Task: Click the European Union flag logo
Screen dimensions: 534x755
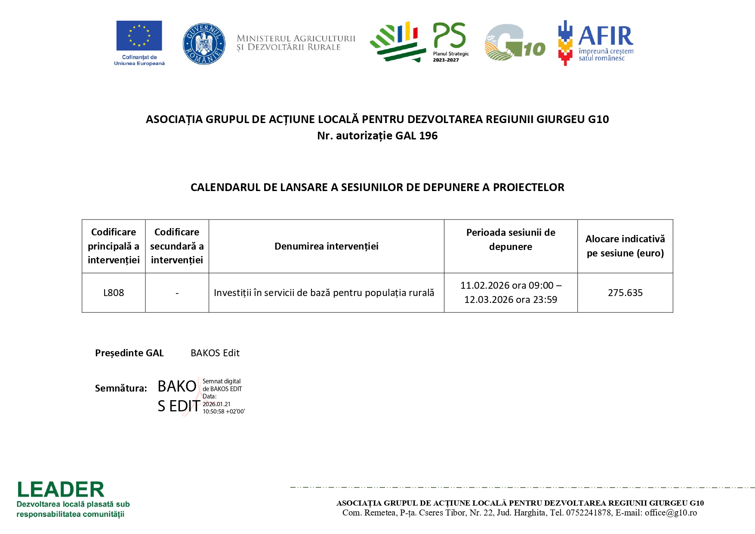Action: [x=139, y=36]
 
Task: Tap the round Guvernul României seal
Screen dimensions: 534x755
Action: [x=204, y=44]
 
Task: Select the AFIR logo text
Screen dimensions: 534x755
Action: [x=606, y=36]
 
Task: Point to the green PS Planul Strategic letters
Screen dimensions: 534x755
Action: [x=449, y=35]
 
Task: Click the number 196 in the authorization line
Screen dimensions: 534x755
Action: [x=428, y=136]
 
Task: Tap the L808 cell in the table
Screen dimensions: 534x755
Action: [x=114, y=293]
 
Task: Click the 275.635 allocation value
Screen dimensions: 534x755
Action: [x=625, y=293]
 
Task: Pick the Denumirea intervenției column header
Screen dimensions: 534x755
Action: [x=326, y=247]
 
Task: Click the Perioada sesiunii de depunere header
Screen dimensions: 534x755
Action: [x=511, y=240]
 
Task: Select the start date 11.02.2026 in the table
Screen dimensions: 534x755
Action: [x=485, y=286]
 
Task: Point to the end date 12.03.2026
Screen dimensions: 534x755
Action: [x=488, y=300]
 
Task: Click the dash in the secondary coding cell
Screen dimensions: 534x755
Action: [x=177, y=293]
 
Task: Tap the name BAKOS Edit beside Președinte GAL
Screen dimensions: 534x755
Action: [x=215, y=353]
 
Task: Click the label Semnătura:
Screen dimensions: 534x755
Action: [x=121, y=389]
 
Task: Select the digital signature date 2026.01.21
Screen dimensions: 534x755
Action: [x=216, y=404]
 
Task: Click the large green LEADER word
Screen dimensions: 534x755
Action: [x=61, y=490]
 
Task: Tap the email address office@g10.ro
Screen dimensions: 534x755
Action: [x=671, y=513]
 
